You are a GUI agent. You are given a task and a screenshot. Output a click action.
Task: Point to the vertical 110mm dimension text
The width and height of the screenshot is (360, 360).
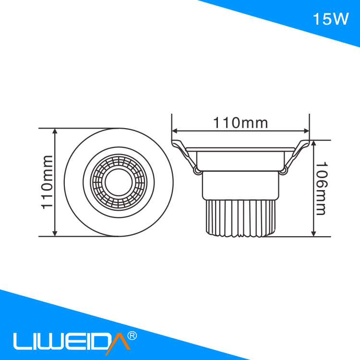tap(47, 182)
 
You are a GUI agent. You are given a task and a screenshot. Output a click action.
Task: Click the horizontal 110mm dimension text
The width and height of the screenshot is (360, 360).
tap(240, 123)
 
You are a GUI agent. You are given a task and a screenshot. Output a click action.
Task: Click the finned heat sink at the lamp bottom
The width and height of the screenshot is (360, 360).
tap(240, 218)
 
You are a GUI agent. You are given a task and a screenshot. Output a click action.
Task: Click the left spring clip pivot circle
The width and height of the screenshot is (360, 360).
tap(197, 169)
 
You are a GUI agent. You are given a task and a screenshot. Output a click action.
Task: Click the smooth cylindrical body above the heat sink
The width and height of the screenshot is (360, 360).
tap(240, 185)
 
